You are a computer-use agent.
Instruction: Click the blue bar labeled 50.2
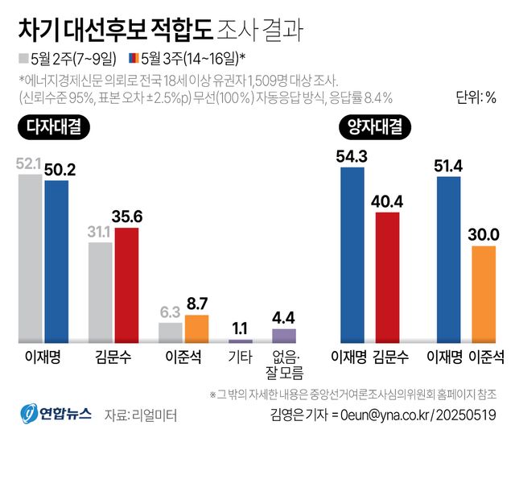(x=56, y=262)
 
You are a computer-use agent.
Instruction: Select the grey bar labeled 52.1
(x=31, y=258)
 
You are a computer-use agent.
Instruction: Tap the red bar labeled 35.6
(x=126, y=286)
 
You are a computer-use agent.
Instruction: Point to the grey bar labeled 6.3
(x=171, y=332)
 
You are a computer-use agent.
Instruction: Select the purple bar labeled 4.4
(x=283, y=336)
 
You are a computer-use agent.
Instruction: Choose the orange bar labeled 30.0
(x=484, y=295)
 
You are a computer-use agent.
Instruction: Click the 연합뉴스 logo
(x=56, y=414)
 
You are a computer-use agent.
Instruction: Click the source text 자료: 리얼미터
(x=140, y=415)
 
